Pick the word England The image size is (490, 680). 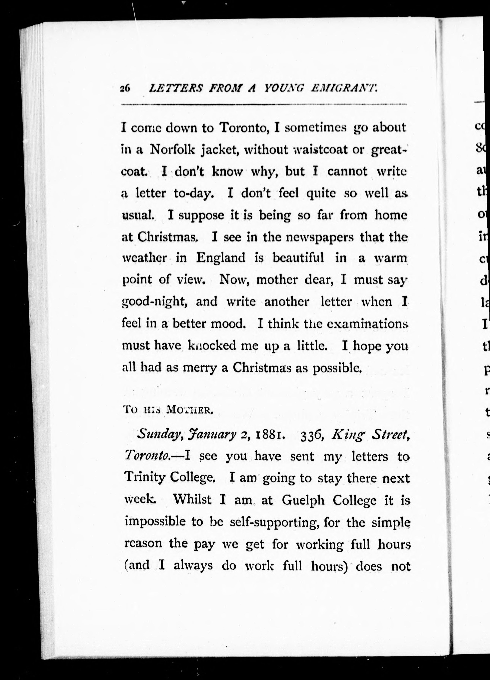[x=221, y=258]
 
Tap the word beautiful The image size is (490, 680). [x=298, y=258]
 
